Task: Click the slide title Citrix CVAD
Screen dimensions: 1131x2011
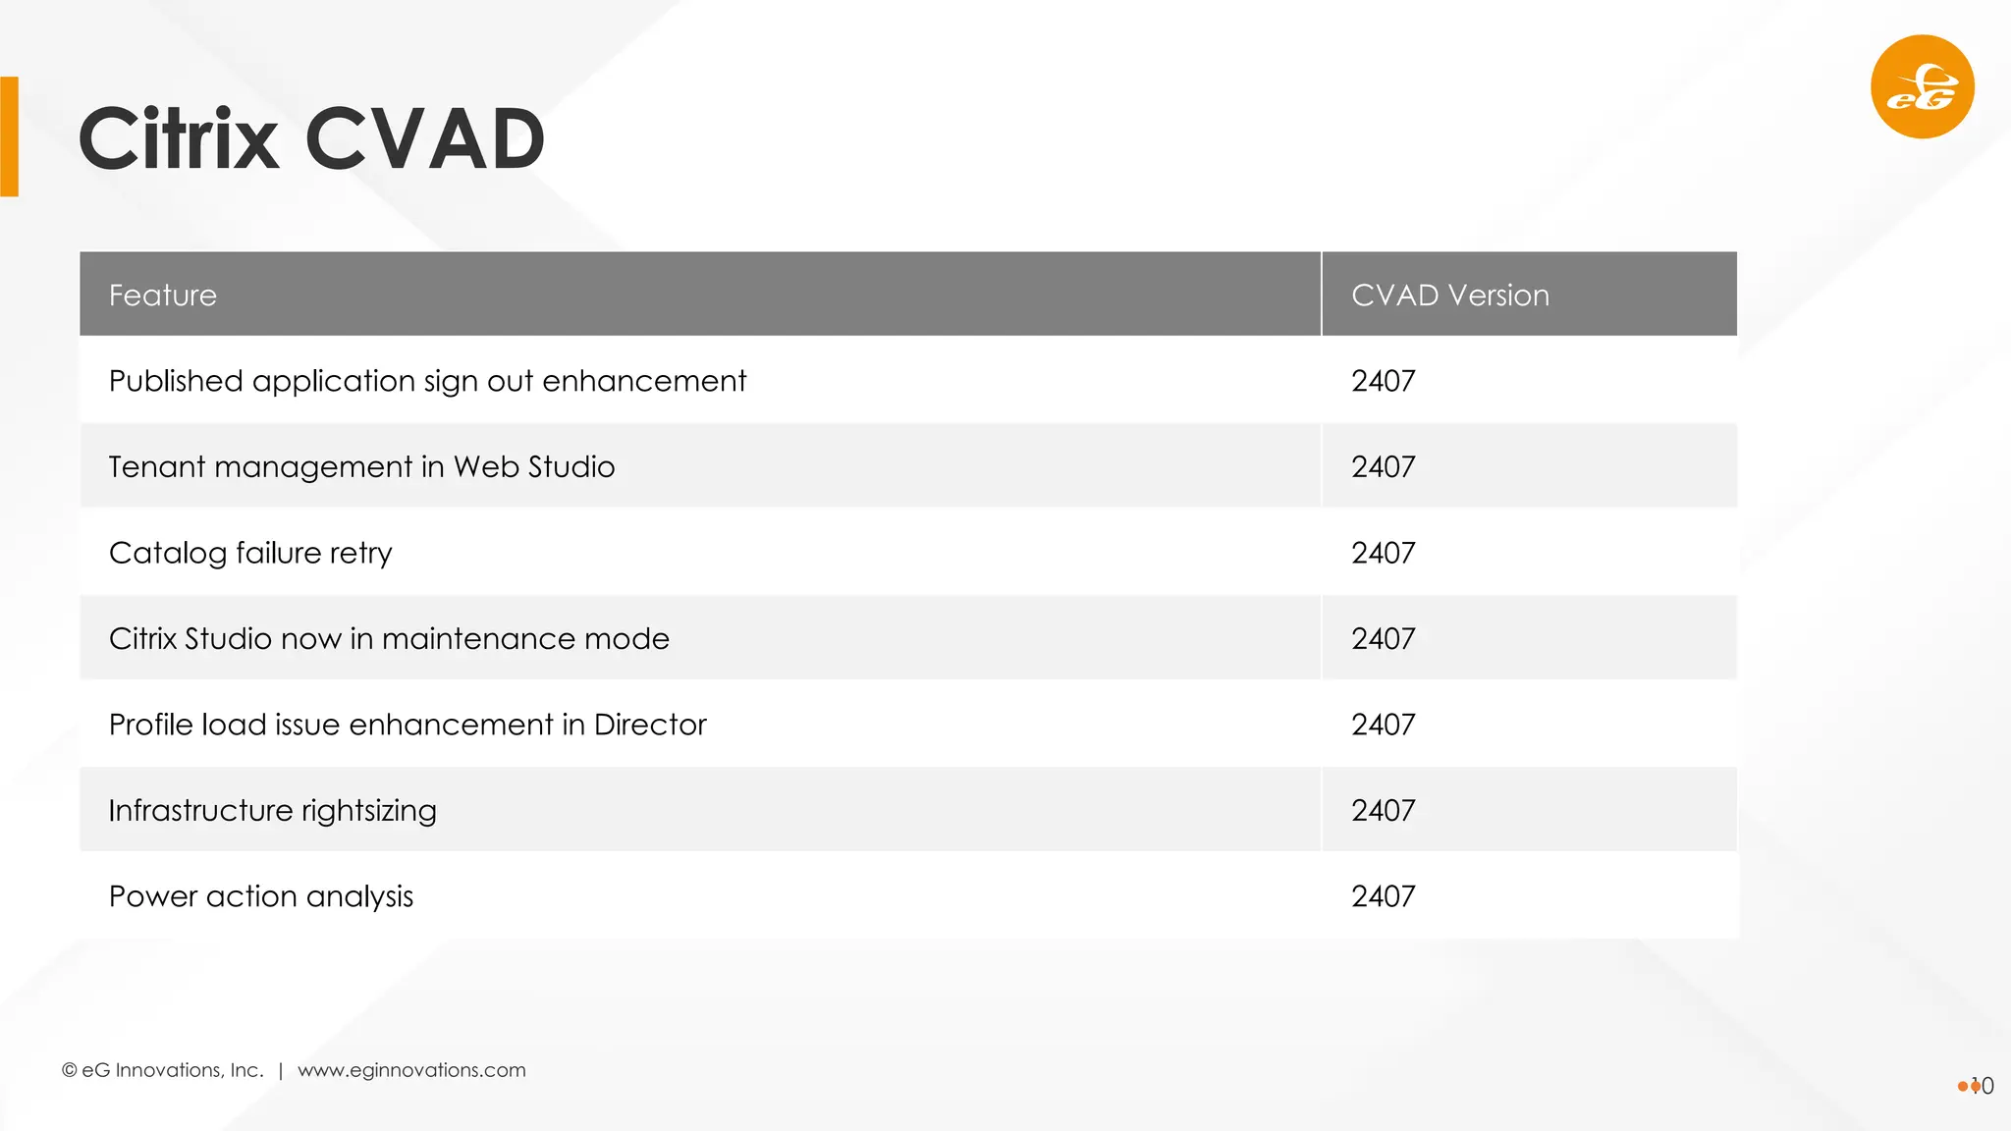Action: [x=311, y=139]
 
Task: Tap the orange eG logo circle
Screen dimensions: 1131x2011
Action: [x=1922, y=87]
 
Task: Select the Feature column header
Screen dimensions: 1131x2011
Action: [x=163, y=296]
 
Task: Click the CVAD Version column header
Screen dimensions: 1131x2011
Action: [x=1449, y=296]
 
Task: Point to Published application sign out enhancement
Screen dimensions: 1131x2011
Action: [x=427, y=381]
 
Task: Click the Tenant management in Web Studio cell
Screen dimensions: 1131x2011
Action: [x=361, y=467]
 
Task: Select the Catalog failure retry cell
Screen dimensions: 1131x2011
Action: [x=250, y=553]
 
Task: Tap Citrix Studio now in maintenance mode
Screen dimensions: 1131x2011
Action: [x=389, y=639]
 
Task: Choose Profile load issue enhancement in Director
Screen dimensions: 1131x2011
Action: [x=408, y=725]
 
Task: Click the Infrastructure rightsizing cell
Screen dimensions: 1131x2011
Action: [x=272, y=811]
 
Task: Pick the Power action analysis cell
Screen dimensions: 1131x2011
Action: [x=261, y=896]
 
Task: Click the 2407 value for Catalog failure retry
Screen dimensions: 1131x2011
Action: [x=1383, y=553]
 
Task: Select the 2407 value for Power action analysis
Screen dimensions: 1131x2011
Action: [x=1383, y=896]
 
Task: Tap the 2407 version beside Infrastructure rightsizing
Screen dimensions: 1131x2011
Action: [x=1383, y=811]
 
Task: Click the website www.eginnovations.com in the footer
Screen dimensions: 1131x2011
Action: [x=411, y=1070]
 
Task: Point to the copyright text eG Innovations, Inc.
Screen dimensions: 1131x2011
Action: [x=164, y=1070]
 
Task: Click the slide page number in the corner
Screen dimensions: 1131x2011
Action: [x=1982, y=1086]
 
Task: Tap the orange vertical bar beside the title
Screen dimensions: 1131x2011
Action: [x=10, y=136]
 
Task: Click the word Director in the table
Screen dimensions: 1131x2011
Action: [x=650, y=725]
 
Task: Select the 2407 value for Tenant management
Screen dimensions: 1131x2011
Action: [x=1383, y=467]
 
